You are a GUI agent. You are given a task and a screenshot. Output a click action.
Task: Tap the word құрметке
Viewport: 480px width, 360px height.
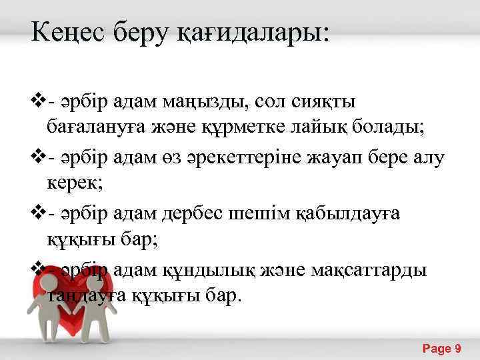[257, 127]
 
